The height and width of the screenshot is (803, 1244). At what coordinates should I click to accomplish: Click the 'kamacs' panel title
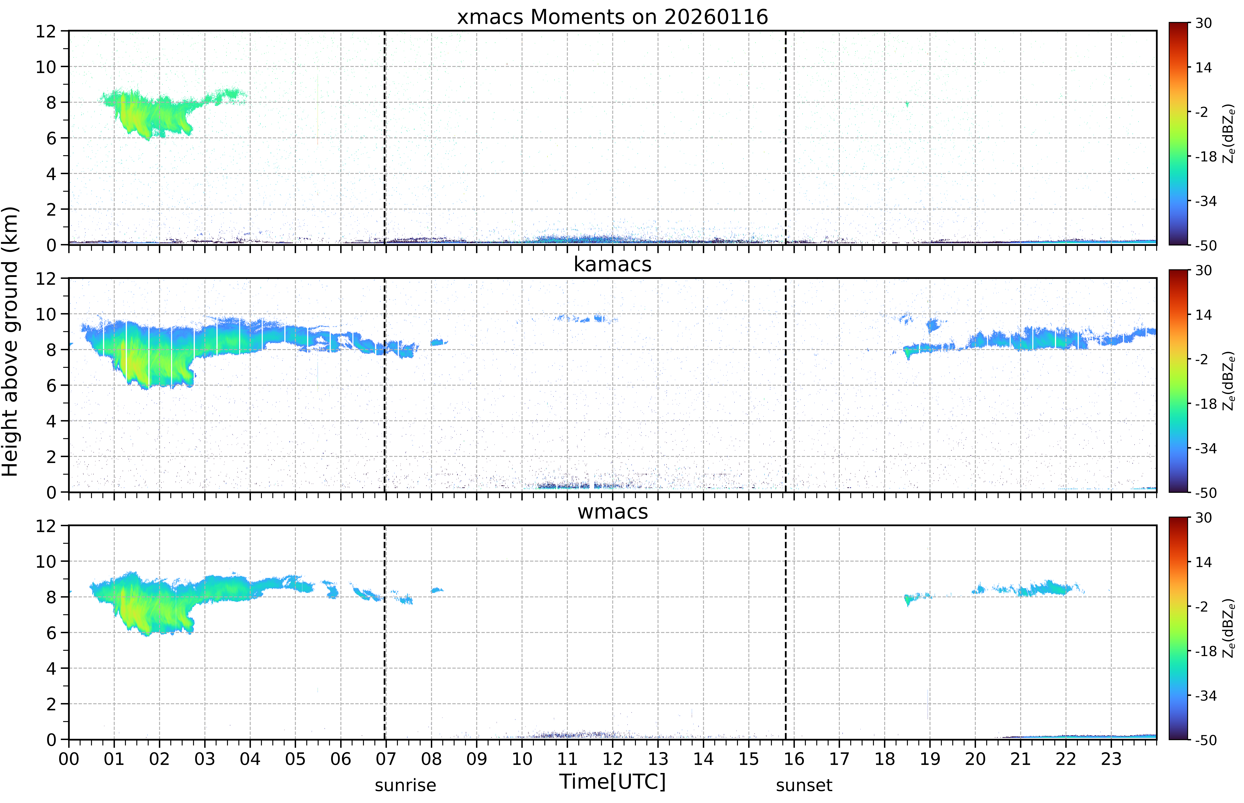pos(612,264)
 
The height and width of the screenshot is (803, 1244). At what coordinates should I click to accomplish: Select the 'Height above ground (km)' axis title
pos(10,341)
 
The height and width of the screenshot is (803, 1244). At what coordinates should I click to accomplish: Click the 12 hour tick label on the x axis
pos(612,759)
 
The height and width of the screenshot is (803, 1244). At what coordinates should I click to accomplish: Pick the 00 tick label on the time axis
pos(69,759)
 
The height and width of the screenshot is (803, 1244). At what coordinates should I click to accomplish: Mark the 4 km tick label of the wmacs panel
pos(51,668)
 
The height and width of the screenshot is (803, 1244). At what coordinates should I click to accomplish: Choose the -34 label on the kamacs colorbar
pos(1205,448)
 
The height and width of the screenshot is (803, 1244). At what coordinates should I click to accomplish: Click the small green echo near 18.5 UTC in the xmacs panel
pos(907,104)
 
